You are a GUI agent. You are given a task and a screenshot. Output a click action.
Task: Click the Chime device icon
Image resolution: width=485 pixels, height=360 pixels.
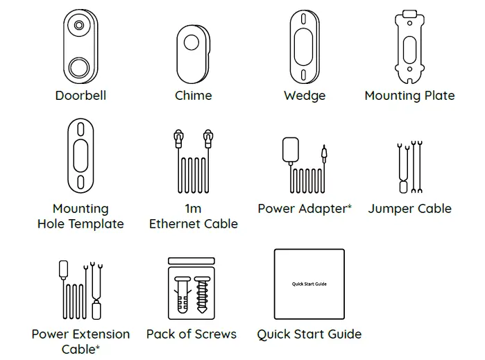pos(193,53)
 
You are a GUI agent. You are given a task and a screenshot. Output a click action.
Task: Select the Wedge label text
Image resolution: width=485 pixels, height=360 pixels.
pos(305,96)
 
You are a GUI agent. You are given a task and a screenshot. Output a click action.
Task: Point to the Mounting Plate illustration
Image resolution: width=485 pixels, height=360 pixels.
pos(409,46)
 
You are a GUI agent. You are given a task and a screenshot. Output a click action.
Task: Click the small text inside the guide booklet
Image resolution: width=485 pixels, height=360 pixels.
pos(309,284)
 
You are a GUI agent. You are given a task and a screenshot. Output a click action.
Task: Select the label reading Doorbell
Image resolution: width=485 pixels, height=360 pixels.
pos(80,96)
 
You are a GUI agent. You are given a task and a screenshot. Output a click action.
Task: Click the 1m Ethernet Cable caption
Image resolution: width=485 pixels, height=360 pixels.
pos(193,216)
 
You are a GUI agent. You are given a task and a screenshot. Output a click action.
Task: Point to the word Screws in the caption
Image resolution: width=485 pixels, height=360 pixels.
pos(215,334)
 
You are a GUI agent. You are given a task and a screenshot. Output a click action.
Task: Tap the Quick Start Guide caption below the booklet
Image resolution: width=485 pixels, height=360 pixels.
pos(309,334)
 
